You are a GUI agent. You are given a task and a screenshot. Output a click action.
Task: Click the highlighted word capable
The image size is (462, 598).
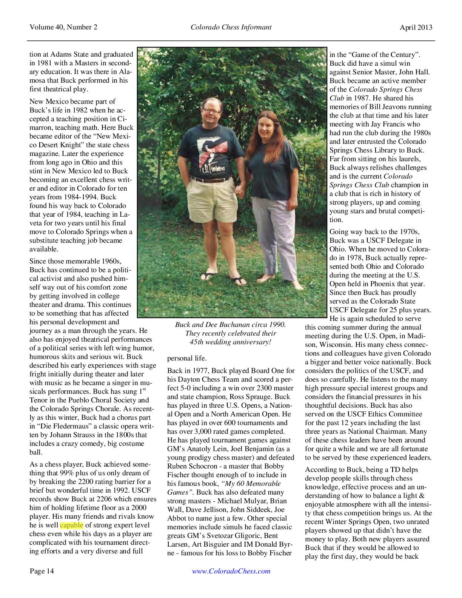click(70, 525)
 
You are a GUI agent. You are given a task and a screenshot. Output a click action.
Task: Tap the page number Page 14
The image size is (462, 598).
click(42, 571)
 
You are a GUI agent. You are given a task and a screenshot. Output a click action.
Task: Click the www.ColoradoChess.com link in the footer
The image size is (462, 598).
click(231, 571)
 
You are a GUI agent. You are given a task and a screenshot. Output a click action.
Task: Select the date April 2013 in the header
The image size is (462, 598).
click(416, 27)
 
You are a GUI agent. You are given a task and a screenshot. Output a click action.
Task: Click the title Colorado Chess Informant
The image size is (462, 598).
click(231, 27)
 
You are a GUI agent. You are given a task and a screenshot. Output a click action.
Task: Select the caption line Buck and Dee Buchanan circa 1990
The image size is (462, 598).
click(230, 325)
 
